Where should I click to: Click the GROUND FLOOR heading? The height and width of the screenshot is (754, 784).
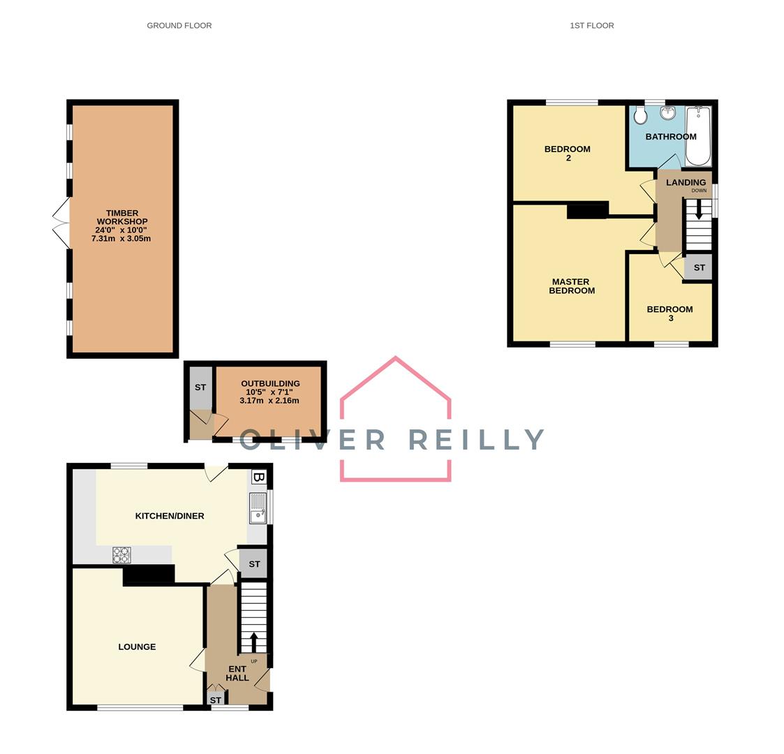179,26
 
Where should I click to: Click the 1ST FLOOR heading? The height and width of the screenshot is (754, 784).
592,26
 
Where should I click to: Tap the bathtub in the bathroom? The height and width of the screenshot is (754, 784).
698,136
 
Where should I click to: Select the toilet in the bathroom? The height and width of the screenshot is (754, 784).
640,116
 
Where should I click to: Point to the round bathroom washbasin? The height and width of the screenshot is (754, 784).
667,113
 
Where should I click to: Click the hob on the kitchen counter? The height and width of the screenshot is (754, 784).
121,555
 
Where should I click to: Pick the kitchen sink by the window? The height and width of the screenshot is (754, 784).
258,508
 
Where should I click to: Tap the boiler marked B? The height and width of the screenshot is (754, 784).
258,478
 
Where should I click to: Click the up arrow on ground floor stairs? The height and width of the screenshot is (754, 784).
253,642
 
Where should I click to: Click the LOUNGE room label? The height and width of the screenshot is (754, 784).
137,647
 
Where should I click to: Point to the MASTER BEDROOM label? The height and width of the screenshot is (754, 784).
572,286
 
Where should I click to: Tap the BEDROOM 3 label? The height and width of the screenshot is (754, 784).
670,313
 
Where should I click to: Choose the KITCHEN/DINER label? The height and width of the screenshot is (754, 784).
170,516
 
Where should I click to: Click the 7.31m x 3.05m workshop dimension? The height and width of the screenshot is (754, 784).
121,239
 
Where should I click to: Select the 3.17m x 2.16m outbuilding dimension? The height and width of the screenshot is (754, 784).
269,401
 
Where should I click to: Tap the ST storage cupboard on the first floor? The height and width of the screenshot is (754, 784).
699,267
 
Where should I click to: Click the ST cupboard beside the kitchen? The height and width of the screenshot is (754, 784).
254,564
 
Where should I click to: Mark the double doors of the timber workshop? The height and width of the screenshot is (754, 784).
61,223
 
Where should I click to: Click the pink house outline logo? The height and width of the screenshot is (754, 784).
396,419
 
